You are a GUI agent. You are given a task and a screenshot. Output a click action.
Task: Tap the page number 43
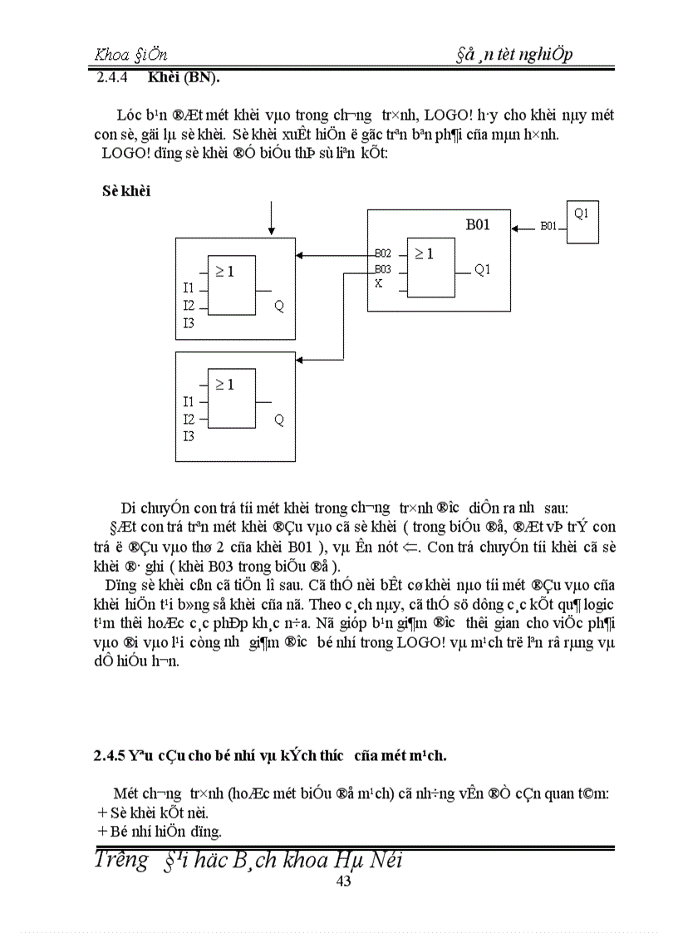343,881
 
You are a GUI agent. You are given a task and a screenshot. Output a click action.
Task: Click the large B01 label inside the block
477,225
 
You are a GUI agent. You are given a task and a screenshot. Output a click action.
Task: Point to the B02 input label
382,253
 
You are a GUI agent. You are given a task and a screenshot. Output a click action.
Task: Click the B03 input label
382,269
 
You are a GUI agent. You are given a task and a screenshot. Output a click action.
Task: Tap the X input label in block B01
379,283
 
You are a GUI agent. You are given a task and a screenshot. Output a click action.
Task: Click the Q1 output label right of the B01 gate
483,269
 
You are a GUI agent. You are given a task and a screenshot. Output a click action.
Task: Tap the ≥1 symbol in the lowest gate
224,385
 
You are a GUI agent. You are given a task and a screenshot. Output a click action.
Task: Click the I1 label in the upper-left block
189,288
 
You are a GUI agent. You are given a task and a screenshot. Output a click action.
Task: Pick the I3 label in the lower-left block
189,436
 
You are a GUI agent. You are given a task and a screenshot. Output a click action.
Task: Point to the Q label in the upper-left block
279,306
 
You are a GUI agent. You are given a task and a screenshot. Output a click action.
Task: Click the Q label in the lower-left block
279,420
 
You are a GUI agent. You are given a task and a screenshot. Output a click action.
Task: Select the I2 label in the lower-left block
189,420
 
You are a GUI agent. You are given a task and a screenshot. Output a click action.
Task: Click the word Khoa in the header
112,55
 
